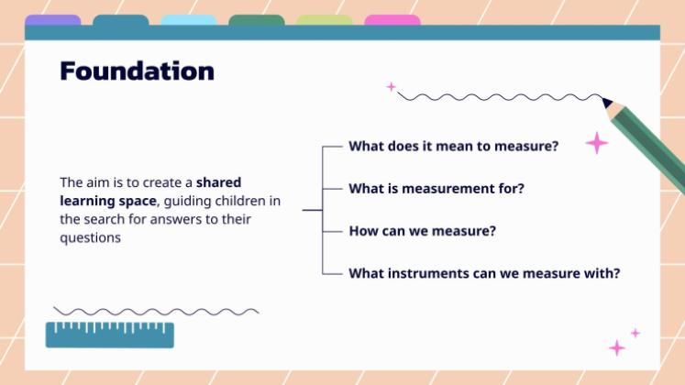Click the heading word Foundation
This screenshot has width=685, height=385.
[137, 71]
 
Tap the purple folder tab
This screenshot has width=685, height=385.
[52, 20]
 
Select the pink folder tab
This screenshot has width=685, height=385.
[392, 20]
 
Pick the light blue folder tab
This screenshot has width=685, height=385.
[189, 20]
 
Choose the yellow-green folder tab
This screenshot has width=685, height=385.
[325, 20]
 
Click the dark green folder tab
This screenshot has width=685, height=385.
[257, 20]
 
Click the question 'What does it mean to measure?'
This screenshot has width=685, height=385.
[453, 146]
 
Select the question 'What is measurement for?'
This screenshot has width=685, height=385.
[436, 189]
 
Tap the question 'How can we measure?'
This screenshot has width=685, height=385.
[422, 231]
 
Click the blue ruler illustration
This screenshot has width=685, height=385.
[110, 335]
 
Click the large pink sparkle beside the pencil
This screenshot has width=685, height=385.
[597, 142]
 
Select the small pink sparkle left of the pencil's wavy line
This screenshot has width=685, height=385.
[392, 87]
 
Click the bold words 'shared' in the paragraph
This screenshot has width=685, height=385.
[219, 181]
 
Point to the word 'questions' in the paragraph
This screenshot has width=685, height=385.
[91, 236]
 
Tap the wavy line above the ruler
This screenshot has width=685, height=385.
[156, 312]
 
